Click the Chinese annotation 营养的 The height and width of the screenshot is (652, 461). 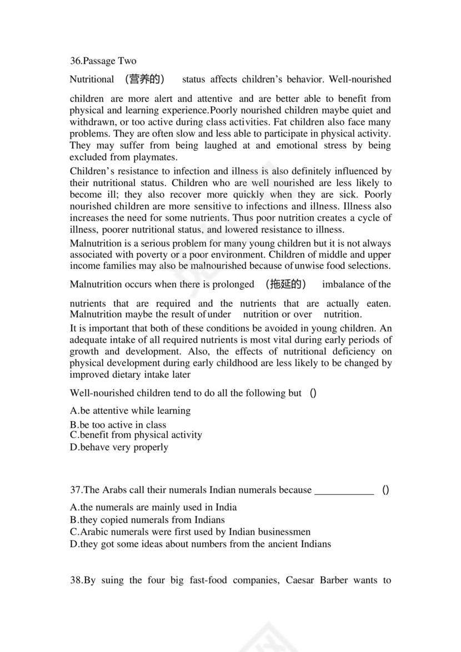pyautogui.click(x=144, y=79)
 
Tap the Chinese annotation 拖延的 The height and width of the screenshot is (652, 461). pyautogui.click(x=286, y=284)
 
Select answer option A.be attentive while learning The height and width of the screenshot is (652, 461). pyautogui.click(x=130, y=411)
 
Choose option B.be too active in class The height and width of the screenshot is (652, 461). pyautogui.click(x=118, y=425)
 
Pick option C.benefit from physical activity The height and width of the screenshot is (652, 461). pyautogui.click(x=136, y=435)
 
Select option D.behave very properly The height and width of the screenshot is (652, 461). pyautogui.click(x=119, y=447)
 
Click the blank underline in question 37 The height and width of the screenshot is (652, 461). pyautogui.click(x=344, y=491)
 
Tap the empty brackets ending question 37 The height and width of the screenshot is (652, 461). pyautogui.click(x=385, y=490)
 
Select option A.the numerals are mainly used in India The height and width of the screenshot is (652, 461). pyautogui.click(x=153, y=507)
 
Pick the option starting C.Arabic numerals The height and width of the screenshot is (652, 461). pyautogui.click(x=190, y=532)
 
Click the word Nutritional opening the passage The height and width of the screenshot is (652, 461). pyautogui.click(x=92, y=79)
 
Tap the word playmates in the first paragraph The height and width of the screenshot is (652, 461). pyautogui.click(x=146, y=158)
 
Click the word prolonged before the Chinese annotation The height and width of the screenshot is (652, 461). pyautogui.click(x=229, y=284)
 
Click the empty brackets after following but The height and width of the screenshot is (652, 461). pyautogui.click(x=313, y=393)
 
